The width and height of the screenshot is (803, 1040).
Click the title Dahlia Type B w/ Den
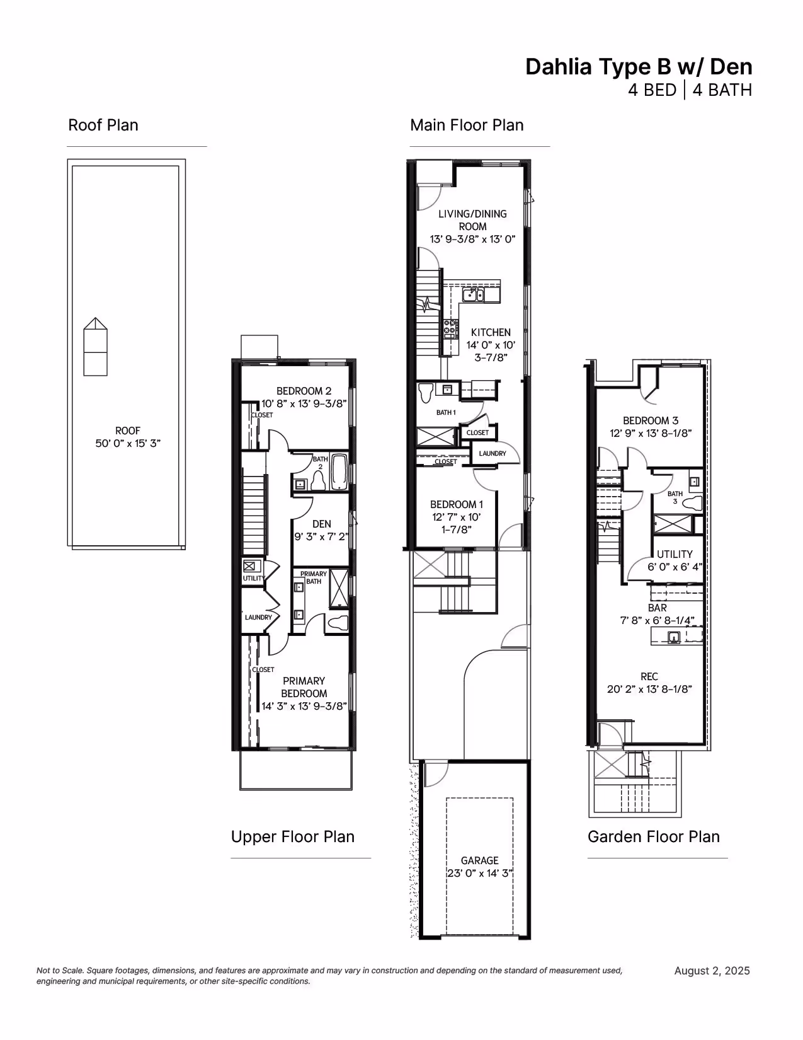(639, 67)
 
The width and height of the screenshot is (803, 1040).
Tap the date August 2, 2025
(712, 971)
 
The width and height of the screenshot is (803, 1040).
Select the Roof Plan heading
(103, 125)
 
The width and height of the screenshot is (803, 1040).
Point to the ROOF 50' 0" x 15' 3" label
(128, 437)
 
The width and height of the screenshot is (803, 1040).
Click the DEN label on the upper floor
(321, 524)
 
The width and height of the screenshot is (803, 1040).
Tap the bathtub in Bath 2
(339, 472)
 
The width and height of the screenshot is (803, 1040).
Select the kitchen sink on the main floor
(473, 294)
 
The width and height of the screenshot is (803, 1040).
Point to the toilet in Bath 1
(426, 393)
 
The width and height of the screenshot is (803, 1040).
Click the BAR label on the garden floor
(657, 608)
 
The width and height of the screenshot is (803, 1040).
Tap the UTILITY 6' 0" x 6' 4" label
(675, 560)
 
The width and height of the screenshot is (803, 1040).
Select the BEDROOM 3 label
(651, 420)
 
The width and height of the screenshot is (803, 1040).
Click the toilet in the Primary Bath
(337, 623)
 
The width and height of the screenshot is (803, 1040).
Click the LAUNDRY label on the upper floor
(258, 618)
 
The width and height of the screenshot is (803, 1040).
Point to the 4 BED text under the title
(652, 90)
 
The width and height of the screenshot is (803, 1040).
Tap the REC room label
(649, 676)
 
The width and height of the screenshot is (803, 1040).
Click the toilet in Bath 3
(692, 503)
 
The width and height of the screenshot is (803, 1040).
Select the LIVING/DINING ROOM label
(472, 220)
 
